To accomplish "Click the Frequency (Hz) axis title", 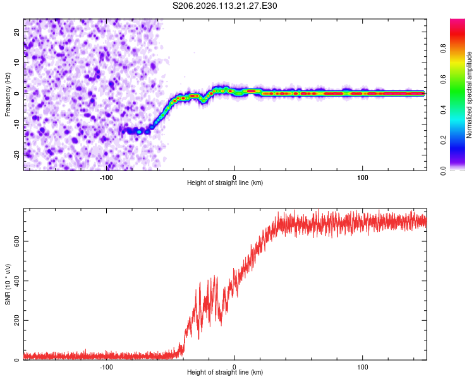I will [8, 93].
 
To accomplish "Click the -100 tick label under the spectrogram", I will [106, 177].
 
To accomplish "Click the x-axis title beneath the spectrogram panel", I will [225, 183].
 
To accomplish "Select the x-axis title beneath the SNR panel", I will [225, 373].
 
